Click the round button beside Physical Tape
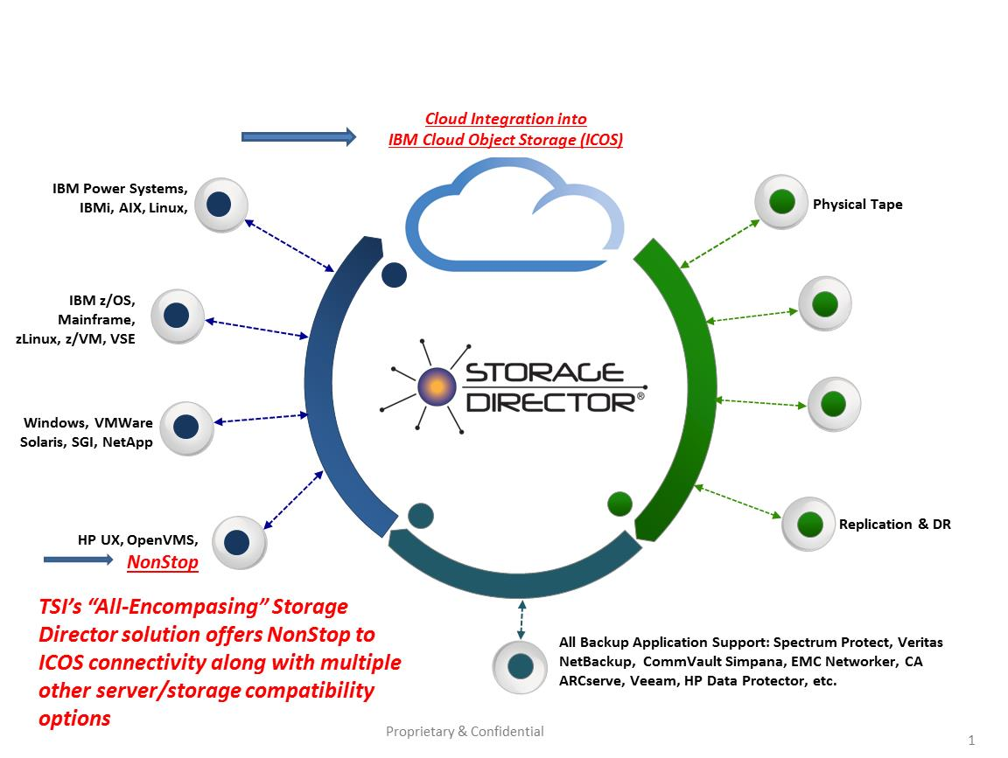point(781,203)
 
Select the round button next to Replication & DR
point(808,524)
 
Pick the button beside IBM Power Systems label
point(219,205)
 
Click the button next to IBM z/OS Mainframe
point(178,316)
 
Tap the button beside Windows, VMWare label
point(186,428)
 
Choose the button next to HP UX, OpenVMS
point(238,543)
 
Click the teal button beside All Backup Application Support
point(520,666)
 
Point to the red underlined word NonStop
point(163,562)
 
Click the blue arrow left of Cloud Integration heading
point(298,136)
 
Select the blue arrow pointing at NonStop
point(79,559)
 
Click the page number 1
point(971,740)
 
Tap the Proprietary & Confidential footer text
point(465,732)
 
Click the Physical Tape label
point(857,205)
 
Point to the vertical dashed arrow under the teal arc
point(521,619)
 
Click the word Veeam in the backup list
point(653,681)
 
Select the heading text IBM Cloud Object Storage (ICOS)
point(506,140)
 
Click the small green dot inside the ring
point(619,504)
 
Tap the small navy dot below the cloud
point(395,275)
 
